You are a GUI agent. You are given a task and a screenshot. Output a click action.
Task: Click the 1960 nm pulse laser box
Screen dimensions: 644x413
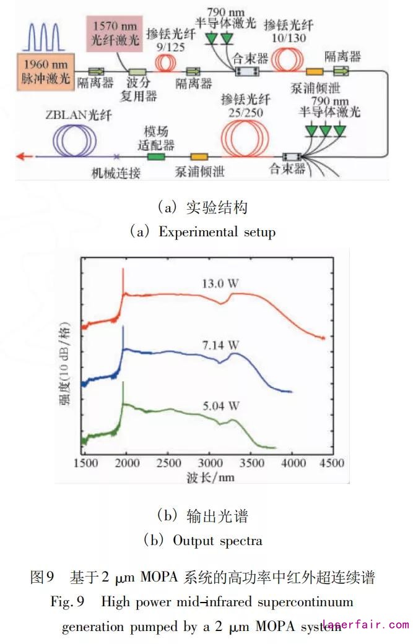(x=44, y=70)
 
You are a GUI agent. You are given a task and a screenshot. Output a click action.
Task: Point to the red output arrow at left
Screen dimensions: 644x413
(x=24, y=156)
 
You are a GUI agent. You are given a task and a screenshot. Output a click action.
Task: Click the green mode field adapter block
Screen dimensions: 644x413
(x=155, y=156)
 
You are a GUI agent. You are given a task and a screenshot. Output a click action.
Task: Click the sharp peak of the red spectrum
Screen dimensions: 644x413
(x=123, y=270)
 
